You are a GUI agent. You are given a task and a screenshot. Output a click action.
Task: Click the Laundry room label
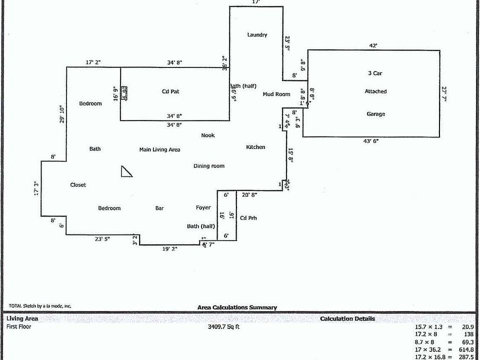coord(257,35)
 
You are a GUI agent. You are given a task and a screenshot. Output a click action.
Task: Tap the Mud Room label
coord(276,94)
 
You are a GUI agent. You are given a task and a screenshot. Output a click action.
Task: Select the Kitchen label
coord(255,147)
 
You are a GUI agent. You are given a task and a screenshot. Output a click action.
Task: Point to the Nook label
coord(208,135)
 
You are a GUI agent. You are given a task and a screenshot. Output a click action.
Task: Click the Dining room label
coord(209,166)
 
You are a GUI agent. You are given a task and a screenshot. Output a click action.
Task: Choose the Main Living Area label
coord(159,149)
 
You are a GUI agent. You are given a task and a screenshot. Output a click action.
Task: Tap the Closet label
coord(78,185)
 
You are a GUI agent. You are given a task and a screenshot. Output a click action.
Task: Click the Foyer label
coord(203,207)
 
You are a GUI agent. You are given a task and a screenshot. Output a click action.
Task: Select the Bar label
coord(160,208)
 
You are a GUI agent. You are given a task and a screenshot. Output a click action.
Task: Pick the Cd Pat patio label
coord(170,91)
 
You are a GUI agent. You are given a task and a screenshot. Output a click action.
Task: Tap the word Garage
coord(376,114)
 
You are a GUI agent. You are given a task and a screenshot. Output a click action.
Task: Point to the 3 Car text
coord(375,73)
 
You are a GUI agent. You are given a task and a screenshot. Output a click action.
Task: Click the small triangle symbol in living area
coord(127,171)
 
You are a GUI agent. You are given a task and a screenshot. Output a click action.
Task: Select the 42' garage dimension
coord(373,45)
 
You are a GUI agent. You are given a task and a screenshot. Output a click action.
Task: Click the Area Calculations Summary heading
coord(237,307)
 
